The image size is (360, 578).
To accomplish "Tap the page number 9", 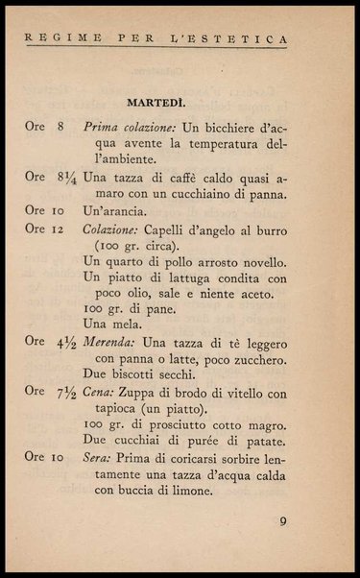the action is click(x=283, y=522).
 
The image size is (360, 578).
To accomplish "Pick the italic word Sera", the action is click(x=98, y=458).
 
